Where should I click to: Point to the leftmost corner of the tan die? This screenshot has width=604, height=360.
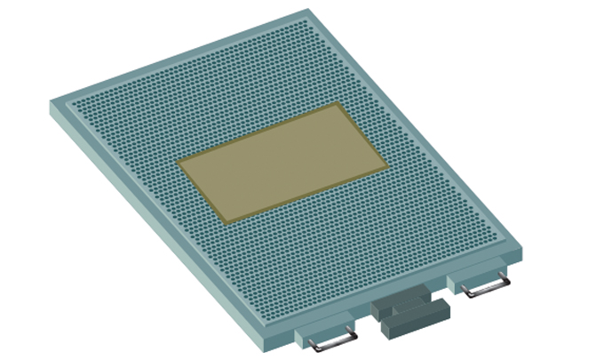(178, 163)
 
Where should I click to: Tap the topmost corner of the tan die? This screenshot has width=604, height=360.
(339, 103)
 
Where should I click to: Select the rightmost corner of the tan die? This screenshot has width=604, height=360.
(387, 165)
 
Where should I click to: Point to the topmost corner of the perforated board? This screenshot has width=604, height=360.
(306, 11)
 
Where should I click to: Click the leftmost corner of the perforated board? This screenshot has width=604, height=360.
(51, 102)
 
